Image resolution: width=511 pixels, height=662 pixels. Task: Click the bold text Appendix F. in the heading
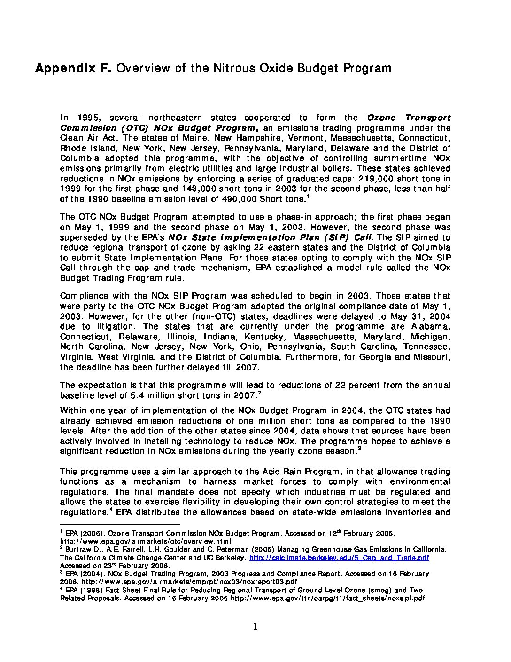click(73, 69)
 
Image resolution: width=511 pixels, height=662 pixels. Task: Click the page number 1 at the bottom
click(255, 626)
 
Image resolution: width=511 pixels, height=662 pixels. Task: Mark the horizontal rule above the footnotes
click(120, 523)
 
